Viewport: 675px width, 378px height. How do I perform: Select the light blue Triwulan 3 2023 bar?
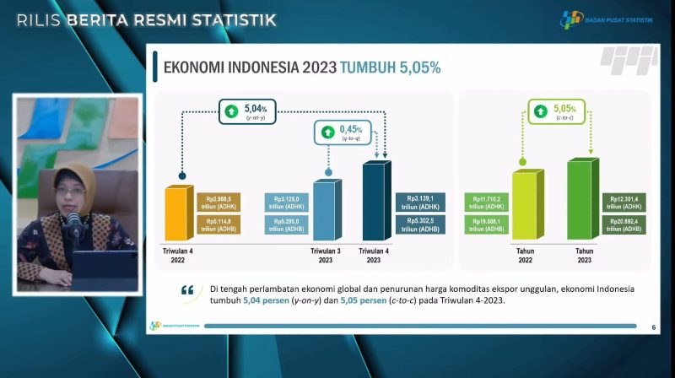point(327,211)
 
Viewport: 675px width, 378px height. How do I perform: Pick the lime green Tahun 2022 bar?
point(524,207)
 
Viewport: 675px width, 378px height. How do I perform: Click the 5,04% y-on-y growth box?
point(245,111)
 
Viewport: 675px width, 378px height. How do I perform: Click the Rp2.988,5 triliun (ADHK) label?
point(219,202)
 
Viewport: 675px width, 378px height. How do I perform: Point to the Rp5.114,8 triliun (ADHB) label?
point(219,225)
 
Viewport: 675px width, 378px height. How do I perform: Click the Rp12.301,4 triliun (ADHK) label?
point(624,202)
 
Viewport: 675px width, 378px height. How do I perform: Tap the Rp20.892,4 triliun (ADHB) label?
point(624,225)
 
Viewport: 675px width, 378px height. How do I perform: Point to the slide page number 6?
point(653,327)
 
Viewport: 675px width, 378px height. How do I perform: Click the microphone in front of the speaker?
point(73,224)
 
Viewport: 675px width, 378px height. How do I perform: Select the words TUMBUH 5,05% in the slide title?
point(390,67)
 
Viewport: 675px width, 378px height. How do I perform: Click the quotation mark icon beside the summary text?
point(186,291)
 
